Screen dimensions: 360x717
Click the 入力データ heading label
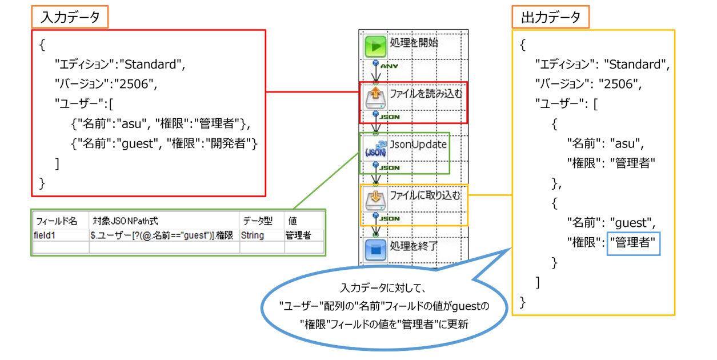pos(70,18)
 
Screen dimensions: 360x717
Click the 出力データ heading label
pos(551,18)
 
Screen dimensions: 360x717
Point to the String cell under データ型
pos(253,235)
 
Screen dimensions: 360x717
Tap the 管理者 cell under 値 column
pos(298,235)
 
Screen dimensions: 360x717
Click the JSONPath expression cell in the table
pos(163,235)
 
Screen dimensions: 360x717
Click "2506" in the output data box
pos(619,84)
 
